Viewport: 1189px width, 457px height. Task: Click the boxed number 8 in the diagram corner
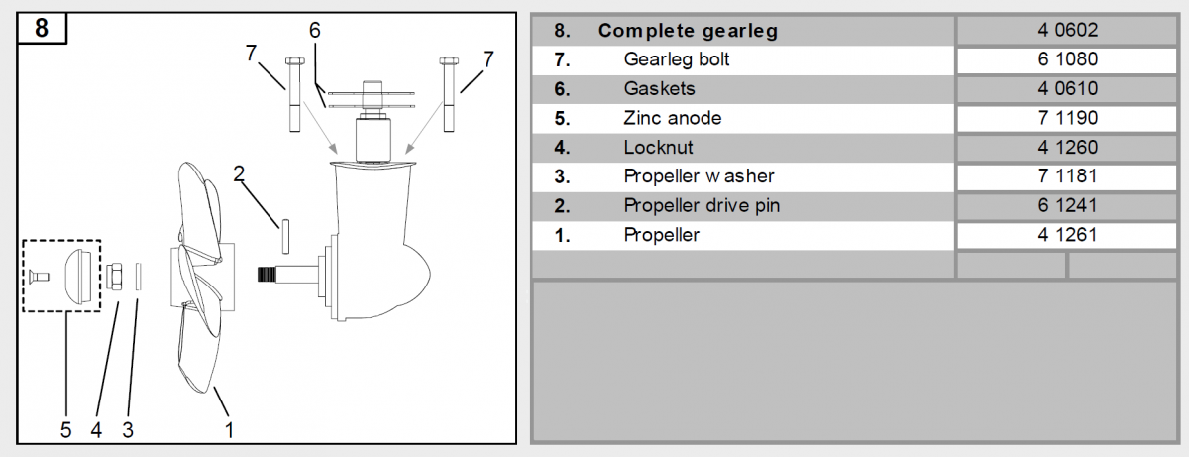41,28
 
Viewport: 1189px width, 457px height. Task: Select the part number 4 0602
1068,30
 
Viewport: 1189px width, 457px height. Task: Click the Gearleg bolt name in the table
677,59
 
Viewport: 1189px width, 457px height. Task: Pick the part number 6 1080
1068,59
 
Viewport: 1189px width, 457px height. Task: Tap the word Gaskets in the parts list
659,89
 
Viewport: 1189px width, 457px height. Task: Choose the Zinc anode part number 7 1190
1068,119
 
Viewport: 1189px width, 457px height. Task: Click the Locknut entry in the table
658,148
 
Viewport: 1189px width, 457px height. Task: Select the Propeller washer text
699,176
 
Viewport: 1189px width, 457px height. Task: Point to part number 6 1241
1068,206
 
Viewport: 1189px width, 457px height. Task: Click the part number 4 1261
1068,235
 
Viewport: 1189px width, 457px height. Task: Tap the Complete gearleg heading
688,31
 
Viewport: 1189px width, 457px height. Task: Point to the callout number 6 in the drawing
314,30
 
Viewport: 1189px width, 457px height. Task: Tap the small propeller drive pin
282,237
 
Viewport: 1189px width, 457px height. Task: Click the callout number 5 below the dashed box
65,430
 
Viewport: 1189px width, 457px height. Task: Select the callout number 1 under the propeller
229,430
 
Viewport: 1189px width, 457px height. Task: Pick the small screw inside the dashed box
37,274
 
